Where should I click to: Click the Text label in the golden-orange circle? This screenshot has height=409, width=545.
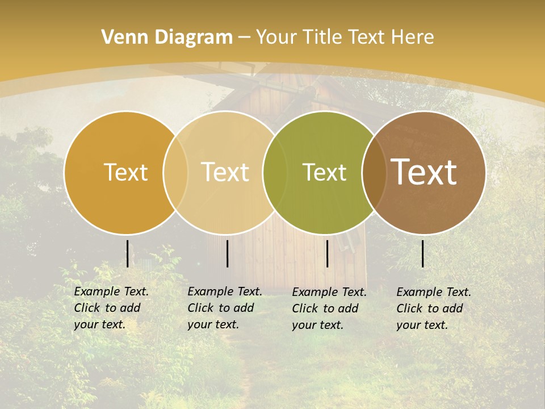pos(125,172)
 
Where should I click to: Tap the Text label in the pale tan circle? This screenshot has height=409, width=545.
pos(225,172)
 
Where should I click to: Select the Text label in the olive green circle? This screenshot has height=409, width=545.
pos(324,172)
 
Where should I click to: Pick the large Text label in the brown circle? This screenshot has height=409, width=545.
pos(424,172)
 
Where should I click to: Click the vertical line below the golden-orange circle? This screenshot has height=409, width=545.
pos(127,253)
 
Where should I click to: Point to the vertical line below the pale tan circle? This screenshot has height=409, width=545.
pos(227,253)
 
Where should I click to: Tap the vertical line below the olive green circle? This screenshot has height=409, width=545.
pos(327,253)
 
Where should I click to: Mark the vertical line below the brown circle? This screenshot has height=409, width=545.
pos(423,253)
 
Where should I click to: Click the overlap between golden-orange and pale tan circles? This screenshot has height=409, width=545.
pos(175,172)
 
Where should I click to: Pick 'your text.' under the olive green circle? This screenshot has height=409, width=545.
pos(317,325)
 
